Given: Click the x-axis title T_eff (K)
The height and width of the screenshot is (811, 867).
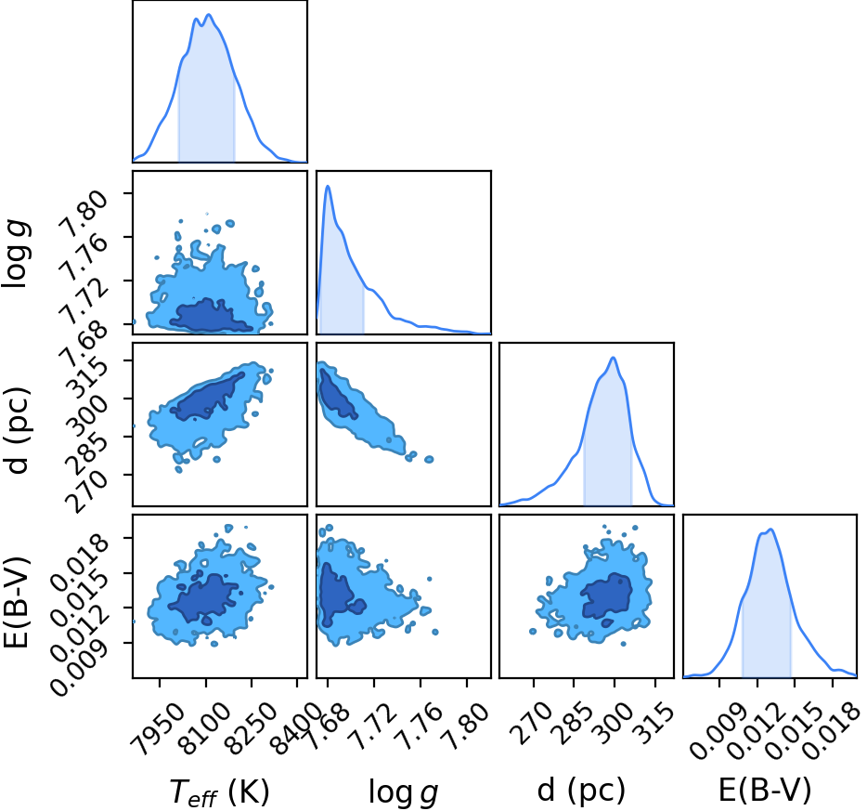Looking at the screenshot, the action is click(x=219, y=791).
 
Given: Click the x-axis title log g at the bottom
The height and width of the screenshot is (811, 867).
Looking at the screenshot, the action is click(x=404, y=792).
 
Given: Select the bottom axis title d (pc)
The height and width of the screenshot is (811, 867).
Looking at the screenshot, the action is click(x=581, y=790).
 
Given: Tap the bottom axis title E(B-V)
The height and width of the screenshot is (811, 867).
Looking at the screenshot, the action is click(x=765, y=790).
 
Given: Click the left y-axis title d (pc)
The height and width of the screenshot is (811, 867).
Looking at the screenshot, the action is click(x=17, y=431).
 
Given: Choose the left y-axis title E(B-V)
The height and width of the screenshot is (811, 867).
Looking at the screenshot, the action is click(x=16, y=603).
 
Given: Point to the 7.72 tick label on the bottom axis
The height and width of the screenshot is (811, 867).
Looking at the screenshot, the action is click(x=374, y=726).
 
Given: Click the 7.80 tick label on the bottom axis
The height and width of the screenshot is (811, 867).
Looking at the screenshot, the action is click(x=467, y=726).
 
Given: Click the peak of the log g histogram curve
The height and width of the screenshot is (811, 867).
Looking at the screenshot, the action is click(x=328, y=186).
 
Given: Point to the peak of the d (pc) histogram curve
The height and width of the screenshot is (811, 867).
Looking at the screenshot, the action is click(x=613, y=358).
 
